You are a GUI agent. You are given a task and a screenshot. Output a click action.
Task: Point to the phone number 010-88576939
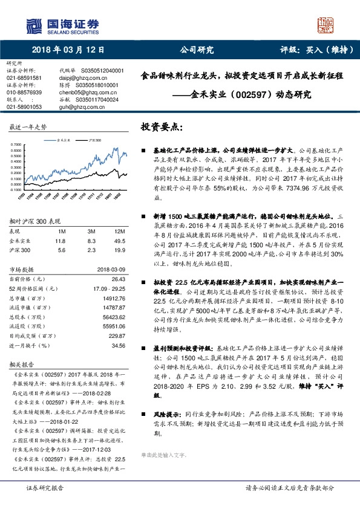tap(24, 92)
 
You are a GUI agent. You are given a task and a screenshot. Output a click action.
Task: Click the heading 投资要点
tap(162, 128)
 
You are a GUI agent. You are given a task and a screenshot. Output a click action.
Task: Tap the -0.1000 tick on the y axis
tap(17, 189)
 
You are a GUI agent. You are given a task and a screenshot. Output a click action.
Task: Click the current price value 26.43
tap(118, 279)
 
